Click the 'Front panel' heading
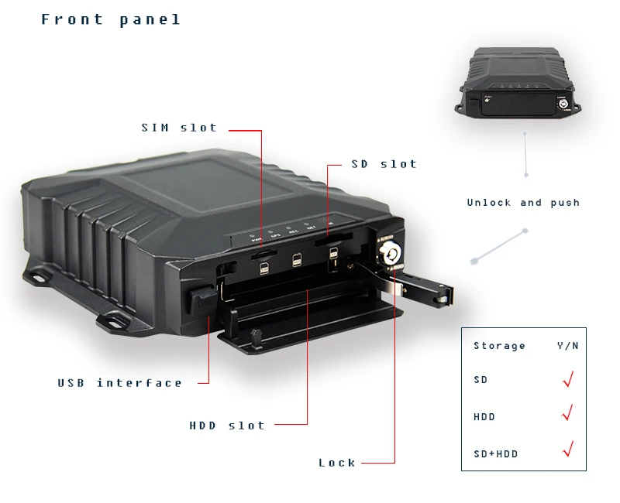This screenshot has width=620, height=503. click(x=111, y=20)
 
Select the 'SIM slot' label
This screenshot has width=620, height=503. click(x=179, y=128)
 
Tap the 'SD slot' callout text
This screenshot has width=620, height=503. click(x=384, y=164)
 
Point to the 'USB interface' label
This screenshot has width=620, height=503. click(x=120, y=383)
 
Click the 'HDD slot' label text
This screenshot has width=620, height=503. click(x=227, y=426)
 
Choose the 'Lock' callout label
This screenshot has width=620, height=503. click(x=337, y=463)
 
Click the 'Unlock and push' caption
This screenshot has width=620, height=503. click(x=523, y=203)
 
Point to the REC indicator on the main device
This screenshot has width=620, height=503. click(x=294, y=230)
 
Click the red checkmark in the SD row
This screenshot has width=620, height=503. click(x=567, y=379)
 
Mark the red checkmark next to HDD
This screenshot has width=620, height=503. click(x=567, y=413)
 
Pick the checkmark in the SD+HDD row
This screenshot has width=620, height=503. click(x=567, y=448)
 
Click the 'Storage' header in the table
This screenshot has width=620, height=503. click(x=499, y=346)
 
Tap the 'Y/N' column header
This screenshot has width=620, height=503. click(x=567, y=346)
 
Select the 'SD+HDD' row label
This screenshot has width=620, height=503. click(x=495, y=453)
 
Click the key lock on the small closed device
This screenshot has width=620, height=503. click(x=564, y=101)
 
